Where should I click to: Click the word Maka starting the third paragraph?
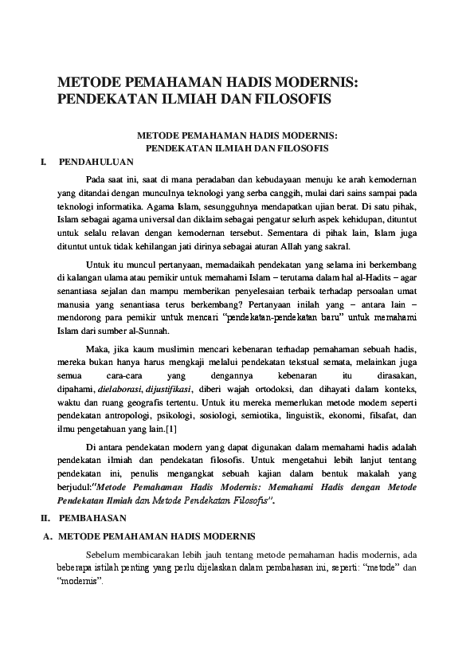[97, 347]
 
